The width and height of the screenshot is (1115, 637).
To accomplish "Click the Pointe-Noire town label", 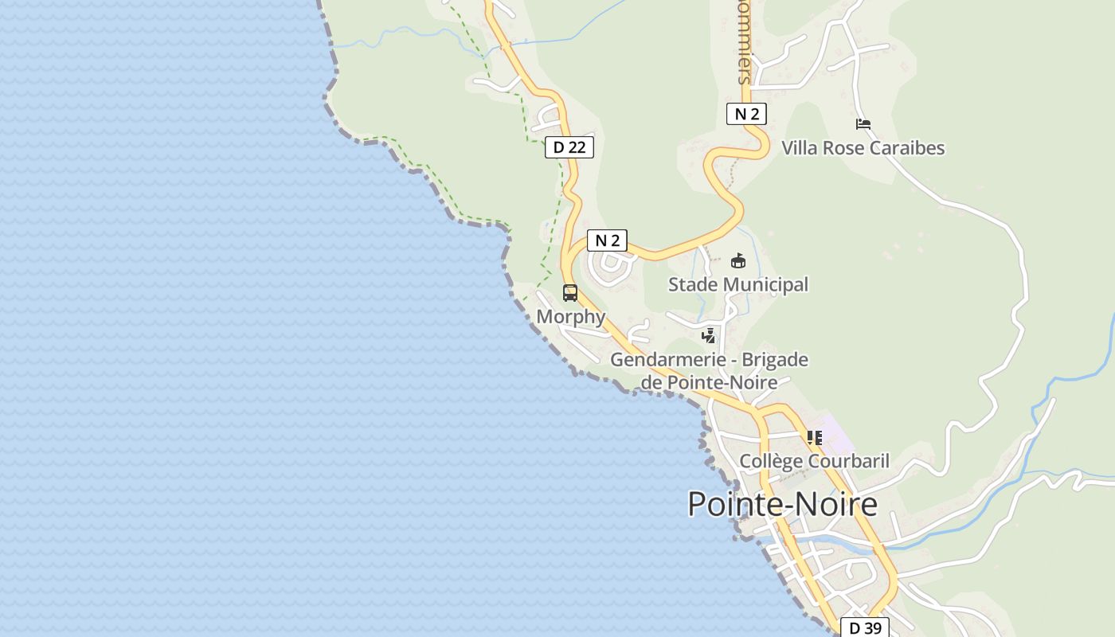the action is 782,505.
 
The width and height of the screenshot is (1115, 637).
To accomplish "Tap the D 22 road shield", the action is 569,147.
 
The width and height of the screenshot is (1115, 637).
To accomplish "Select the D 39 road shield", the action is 865,628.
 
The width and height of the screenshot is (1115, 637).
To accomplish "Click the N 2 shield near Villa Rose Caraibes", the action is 746,114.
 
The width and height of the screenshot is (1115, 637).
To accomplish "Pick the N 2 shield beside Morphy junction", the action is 607,240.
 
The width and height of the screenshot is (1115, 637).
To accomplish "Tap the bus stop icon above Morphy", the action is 570,293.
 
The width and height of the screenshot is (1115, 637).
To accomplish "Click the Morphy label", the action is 571,317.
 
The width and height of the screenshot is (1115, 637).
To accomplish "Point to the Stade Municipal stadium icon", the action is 738,261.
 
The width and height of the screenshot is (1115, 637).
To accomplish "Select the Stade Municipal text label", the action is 737,285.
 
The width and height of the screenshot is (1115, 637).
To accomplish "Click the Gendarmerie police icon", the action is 708,336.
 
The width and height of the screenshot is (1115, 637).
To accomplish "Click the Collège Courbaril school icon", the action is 814,438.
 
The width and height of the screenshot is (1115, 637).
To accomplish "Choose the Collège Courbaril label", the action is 814,462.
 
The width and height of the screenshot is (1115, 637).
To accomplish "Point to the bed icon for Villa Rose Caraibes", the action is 863,124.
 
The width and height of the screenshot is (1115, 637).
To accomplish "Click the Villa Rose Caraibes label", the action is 863,148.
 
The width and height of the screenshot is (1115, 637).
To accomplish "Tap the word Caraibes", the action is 906,148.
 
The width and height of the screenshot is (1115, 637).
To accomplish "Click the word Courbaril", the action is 848,462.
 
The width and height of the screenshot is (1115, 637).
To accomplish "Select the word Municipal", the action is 766,285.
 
